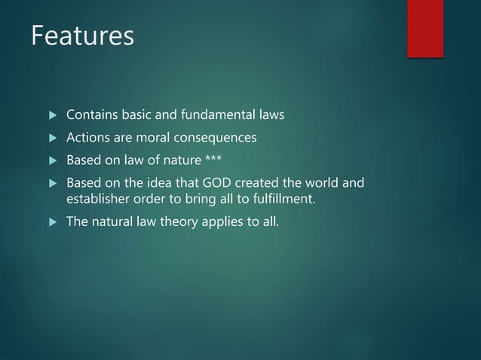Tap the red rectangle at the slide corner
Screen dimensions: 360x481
point(424,28)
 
